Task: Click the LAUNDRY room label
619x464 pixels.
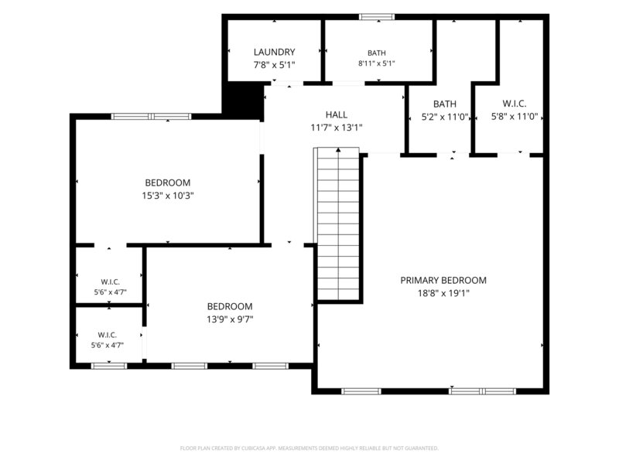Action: (274, 52)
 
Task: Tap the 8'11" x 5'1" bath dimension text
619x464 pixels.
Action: (377, 63)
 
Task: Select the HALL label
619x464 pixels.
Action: (337, 114)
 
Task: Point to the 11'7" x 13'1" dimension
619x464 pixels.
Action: (337, 128)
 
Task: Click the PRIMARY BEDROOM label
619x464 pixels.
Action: (443, 280)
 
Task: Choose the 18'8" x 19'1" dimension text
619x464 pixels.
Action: (443, 293)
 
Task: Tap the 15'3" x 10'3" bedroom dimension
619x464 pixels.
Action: (168, 196)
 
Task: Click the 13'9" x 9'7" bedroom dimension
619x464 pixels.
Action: (230, 319)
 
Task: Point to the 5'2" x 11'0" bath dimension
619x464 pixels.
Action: (445, 118)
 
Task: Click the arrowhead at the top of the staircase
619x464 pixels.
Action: (338, 150)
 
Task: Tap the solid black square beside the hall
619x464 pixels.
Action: (243, 100)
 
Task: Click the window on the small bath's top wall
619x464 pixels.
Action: (377, 16)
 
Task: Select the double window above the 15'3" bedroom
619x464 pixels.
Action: (151, 117)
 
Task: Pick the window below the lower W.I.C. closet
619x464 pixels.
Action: (109, 366)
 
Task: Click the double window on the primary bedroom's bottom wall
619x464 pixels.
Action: (482, 391)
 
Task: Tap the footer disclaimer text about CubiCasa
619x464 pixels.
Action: (309, 449)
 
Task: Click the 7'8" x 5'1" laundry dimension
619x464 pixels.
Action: (274, 65)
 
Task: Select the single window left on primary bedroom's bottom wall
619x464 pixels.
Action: (361, 391)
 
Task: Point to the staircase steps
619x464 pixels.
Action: (338, 223)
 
